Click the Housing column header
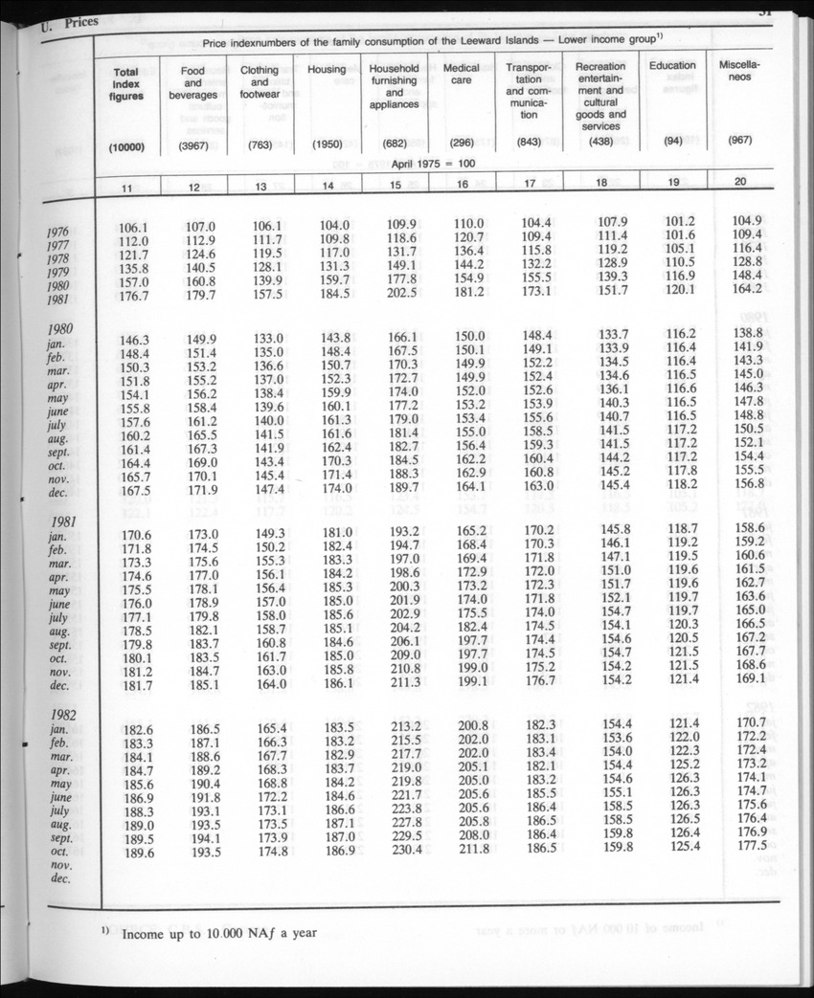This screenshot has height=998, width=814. pos(327,70)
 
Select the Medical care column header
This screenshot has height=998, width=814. pos(462,76)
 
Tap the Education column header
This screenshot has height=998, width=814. pos(672,66)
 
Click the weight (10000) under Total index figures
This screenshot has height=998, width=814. pos(125,145)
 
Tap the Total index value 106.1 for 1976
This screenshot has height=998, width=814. pos(135,227)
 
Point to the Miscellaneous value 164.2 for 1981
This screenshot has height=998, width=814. pos(747,289)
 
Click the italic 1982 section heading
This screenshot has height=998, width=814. pos(63,715)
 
